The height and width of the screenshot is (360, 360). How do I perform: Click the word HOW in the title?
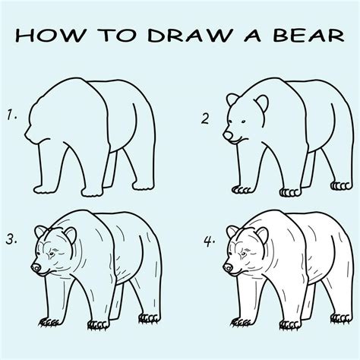point(51,35)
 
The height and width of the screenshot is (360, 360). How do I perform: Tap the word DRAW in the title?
point(190,35)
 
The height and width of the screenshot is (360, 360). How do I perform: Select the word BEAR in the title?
point(309,35)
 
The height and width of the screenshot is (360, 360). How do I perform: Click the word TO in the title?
point(117,35)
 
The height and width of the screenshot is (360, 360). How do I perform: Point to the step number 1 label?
point(11,115)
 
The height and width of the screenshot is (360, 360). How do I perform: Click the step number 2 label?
point(205,118)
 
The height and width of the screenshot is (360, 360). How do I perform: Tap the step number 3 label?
point(11,239)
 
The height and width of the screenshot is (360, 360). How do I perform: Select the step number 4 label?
point(209,242)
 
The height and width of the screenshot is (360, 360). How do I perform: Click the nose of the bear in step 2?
point(228,134)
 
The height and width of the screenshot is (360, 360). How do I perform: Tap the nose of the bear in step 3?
point(36,267)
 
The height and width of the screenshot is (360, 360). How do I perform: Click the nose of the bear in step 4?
point(228,267)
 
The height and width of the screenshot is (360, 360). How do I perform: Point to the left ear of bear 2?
point(232,99)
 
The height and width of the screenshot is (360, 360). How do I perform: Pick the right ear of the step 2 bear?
point(262,103)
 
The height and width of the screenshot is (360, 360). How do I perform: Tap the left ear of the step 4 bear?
point(232,232)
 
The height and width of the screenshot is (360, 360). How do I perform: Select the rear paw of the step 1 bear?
point(144,186)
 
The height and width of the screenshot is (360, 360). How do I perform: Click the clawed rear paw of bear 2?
point(341,186)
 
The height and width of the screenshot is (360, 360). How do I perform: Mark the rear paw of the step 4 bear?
point(341,318)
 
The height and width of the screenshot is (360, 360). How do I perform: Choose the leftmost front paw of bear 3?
point(49,322)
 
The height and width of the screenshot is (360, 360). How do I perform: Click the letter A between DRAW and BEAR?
point(253,35)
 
